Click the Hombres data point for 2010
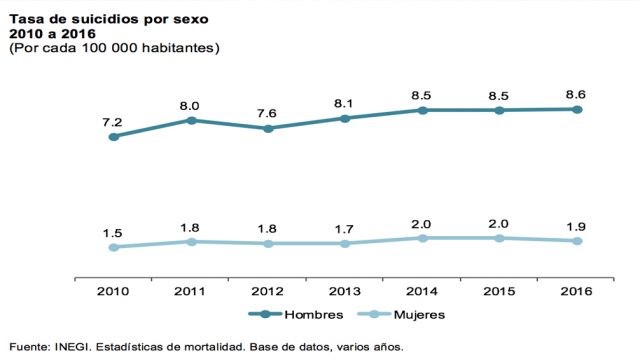(x=113, y=137)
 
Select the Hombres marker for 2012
(x=268, y=128)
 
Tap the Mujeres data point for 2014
(x=423, y=238)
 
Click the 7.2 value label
(x=112, y=122)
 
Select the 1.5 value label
(x=112, y=232)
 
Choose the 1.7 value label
(x=345, y=228)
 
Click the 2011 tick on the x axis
(x=190, y=291)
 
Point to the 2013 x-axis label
(x=345, y=291)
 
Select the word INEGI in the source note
(x=73, y=347)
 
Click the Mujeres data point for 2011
(x=190, y=241)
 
